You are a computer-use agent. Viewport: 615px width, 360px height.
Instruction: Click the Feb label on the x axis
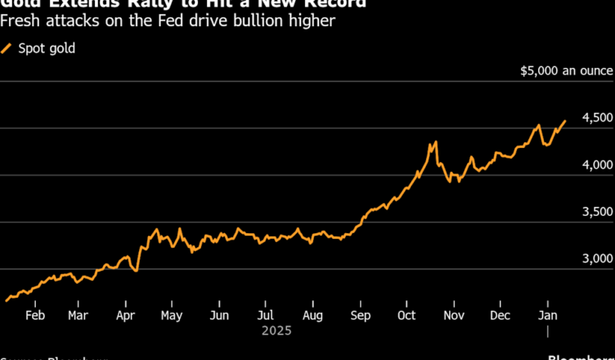34,315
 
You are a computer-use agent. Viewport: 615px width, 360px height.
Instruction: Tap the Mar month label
79,315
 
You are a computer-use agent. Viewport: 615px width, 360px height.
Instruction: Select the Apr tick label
125,315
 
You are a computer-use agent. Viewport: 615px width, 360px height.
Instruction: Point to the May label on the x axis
171,315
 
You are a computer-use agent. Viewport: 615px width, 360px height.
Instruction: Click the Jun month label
218,315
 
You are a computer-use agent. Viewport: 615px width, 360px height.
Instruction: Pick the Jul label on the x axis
264,315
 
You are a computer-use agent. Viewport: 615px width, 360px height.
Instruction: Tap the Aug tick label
312,315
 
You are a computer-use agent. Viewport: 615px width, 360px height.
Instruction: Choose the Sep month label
359,315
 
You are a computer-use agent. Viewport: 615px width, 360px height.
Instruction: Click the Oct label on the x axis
406,315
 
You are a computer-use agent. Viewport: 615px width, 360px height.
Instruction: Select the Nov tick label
453,315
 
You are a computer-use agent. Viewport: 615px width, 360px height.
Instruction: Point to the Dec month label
500,315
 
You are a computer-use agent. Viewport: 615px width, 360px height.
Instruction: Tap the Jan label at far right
547,315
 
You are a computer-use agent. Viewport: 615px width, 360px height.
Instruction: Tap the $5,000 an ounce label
566,71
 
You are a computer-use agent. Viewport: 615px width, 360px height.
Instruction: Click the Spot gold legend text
47,48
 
